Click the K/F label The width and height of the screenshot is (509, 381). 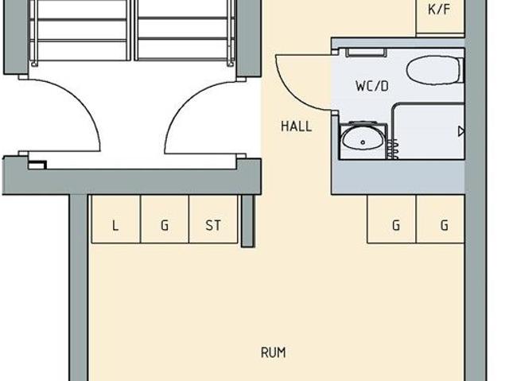pyautogui.click(x=439, y=10)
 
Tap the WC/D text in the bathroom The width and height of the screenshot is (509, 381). pyautogui.click(x=372, y=87)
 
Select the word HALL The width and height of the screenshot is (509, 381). pyautogui.click(x=297, y=126)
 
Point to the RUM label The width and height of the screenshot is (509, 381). pyautogui.click(x=274, y=352)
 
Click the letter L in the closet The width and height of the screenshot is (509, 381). pyautogui.click(x=115, y=225)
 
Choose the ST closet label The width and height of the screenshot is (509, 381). pyautogui.click(x=213, y=225)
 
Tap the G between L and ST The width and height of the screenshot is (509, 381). pyautogui.click(x=165, y=225)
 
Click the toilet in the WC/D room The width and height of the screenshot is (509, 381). pyautogui.click(x=435, y=71)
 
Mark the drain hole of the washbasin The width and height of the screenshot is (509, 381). pyautogui.click(x=363, y=142)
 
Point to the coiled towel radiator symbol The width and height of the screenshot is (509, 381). pyautogui.click(x=393, y=149)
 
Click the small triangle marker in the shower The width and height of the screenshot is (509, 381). pyautogui.click(x=461, y=131)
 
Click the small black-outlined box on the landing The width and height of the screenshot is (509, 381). pyautogui.click(x=37, y=165)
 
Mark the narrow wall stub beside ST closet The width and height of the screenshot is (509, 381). pyautogui.click(x=247, y=221)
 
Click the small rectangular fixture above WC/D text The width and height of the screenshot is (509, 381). pyautogui.click(x=366, y=52)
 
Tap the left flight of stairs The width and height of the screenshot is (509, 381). pyautogui.click(x=81, y=30)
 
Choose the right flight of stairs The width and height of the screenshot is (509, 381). pyautogui.click(x=185, y=30)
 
